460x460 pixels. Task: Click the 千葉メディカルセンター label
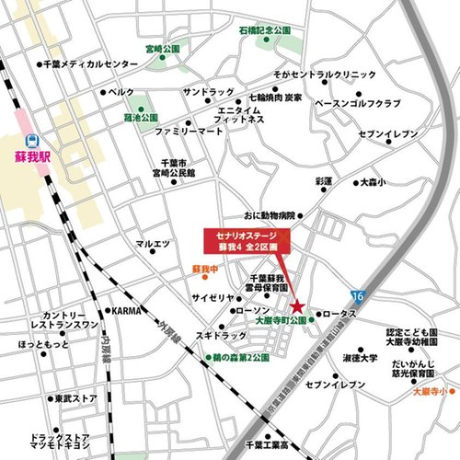pos(85,65)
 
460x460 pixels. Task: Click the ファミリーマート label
pos(190,132)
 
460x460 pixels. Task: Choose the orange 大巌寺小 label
pos(432,389)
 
